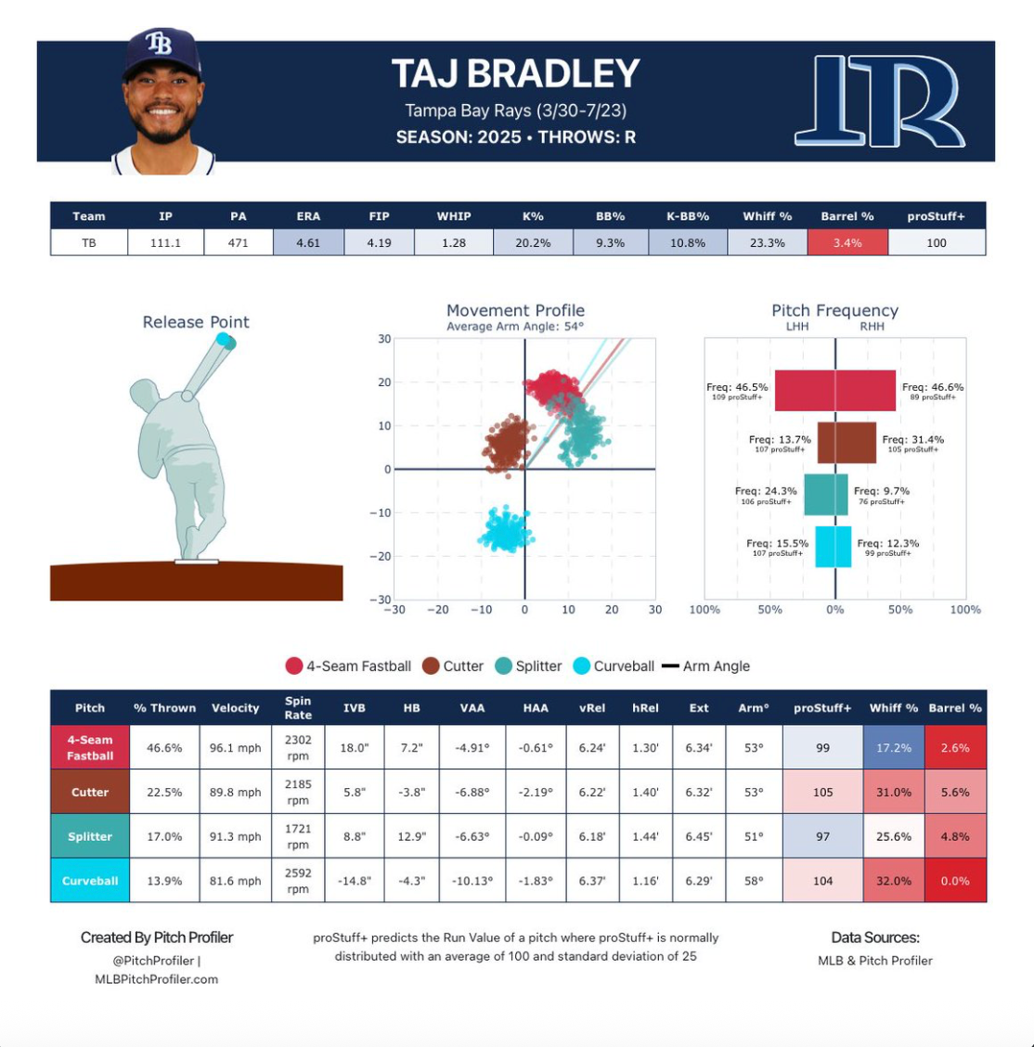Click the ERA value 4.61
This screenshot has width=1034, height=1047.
click(x=308, y=243)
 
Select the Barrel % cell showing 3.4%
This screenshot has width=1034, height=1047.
click(x=847, y=243)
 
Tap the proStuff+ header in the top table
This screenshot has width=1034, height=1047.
click(x=936, y=216)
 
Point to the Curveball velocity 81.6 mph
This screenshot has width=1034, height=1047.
click(x=235, y=881)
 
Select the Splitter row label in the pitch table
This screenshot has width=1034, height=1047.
click(x=90, y=836)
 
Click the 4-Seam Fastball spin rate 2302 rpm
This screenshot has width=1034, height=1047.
click(x=298, y=748)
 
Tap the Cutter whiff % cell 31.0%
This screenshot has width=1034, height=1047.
click(x=894, y=793)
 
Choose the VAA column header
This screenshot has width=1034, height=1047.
click(x=472, y=708)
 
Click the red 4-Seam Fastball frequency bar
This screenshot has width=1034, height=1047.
click(x=835, y=391)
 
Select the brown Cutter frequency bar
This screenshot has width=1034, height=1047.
click(x=846, y=443)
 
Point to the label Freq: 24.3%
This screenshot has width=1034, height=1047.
click(x=766, y=491)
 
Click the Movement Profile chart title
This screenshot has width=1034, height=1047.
click(x=515, y=311)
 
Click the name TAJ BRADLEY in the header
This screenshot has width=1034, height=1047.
click(x=516, y=74)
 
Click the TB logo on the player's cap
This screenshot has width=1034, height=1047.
click(x=159, y=43)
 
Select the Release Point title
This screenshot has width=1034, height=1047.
click(x=196, y=322)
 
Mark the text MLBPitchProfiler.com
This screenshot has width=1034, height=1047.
click(x=156, y=979)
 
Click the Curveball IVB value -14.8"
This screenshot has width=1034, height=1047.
click(x=354, y=881)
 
